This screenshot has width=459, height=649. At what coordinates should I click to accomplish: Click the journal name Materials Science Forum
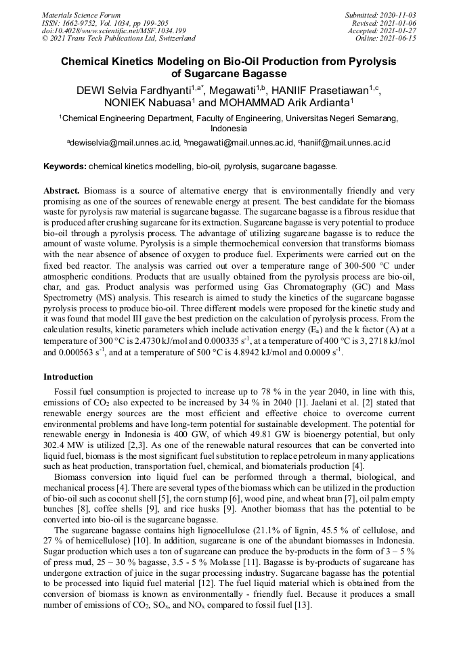coord(81,15)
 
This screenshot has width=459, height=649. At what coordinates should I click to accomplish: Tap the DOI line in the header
coord(114,31)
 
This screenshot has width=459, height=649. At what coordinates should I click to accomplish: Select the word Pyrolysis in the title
coord(368,62)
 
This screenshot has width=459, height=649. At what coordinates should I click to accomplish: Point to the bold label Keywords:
coord(65,166)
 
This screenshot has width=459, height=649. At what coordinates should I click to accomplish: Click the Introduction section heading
coord(68,377)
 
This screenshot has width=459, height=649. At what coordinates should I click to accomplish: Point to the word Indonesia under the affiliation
coord(229,129)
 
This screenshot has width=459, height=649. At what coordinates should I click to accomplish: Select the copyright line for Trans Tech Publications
coord(118,39)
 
